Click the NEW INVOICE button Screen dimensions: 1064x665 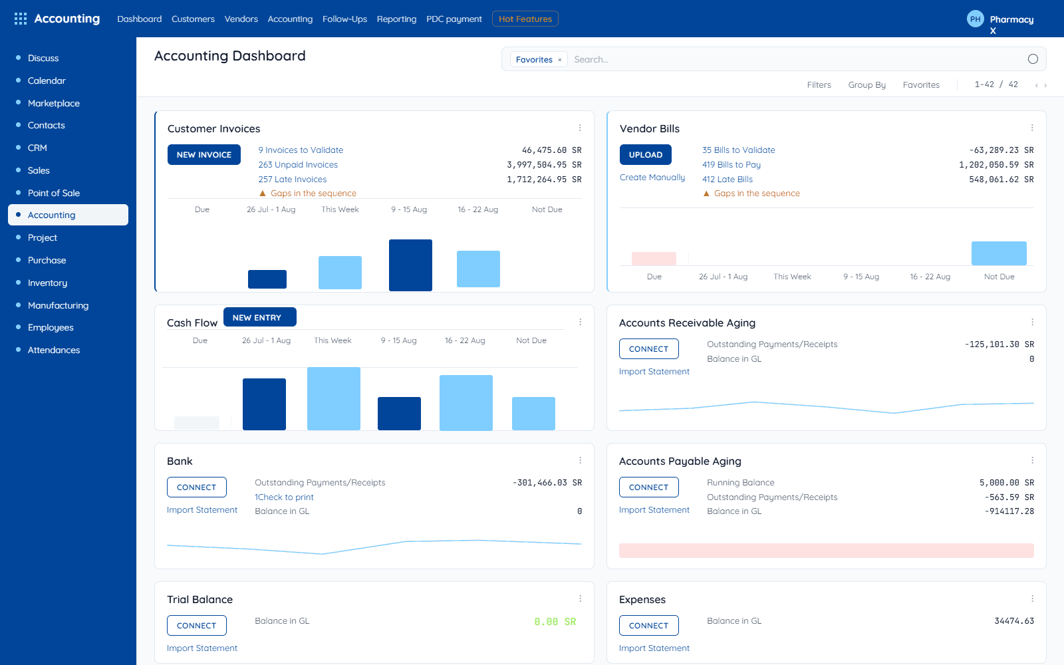pos(203,155)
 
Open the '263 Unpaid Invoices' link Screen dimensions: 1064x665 pos(298,165)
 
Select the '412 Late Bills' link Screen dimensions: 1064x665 pos(728,180)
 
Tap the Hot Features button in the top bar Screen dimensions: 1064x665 pos(525,19)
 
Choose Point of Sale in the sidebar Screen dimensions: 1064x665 pos(54,193)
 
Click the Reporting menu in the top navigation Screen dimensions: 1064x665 pos(396,19)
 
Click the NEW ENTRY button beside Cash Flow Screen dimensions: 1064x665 pos(260,317)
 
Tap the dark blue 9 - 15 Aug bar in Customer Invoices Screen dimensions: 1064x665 pos(410,265)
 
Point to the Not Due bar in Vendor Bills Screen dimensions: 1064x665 pos(998,253)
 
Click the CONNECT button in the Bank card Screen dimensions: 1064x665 pos(197,487)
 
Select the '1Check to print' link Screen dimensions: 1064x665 pos(284,497)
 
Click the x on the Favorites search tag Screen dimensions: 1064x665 pos(559,60)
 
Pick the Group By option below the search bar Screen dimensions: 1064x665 pos(867,85)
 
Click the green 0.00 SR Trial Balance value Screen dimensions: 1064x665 pos(555,622)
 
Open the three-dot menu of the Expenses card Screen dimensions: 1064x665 pos(1032,599)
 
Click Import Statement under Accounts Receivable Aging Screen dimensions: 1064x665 pos(654,372)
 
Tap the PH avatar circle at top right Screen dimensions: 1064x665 pos(975,19)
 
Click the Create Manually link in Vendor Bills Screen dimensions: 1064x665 pos(652,177)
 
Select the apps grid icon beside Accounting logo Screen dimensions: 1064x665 pos(21,19)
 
